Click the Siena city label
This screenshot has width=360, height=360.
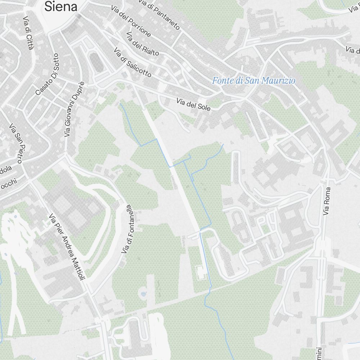(x=61, y=6)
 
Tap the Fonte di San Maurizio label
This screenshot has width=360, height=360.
(x=253, y=81)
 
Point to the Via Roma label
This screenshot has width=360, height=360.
(x=327, y=201)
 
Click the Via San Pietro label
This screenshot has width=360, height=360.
(x=16, y=143)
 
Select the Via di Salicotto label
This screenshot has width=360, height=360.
(x=132, y=62)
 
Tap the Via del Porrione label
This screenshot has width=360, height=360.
(x=131, y=21)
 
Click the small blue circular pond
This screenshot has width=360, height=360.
(x=143, y=294)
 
